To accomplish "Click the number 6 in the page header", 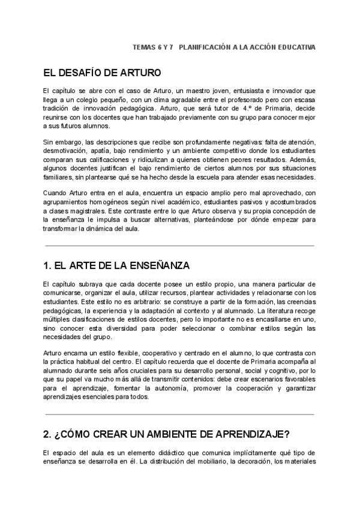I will click(x=157, y=47).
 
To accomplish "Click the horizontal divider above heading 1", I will click(x=179, y=245).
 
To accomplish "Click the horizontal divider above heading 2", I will click(x=179, y=414).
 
